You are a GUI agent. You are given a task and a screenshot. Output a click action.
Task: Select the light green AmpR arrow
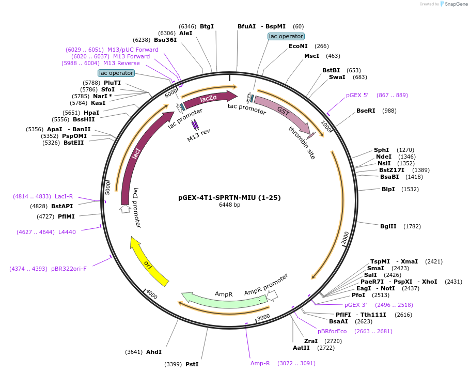coord(223,302)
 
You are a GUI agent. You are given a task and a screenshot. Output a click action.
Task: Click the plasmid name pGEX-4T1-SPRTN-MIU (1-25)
coord(229,197)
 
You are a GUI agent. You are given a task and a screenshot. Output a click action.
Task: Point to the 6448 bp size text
coord(229,205)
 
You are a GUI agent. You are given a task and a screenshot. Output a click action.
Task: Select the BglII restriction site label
coord(388,226)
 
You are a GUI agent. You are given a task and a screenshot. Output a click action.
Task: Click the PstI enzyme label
coord(192,364)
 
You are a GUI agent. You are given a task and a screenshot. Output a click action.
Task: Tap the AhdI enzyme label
coord(154,352)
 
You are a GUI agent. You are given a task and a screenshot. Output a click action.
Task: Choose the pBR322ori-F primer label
coord(69,269)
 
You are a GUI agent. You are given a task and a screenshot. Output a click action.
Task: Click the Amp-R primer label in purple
coord(260,363)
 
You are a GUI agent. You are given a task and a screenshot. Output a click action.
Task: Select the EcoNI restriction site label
coord(298,46)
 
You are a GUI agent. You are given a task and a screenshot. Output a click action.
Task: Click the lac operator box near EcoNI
coord(286,36)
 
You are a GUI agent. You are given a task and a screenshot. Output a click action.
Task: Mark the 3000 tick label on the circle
coord(264,317)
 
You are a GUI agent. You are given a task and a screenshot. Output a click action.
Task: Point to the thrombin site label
coord(302,143)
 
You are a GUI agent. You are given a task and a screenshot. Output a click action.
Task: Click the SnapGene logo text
coord(456,4)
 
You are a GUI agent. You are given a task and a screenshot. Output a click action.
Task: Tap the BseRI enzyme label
coord(366,111)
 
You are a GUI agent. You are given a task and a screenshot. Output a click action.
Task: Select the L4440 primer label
coord(67,232)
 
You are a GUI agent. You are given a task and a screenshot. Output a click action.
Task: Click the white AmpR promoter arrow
coord(272,296)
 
